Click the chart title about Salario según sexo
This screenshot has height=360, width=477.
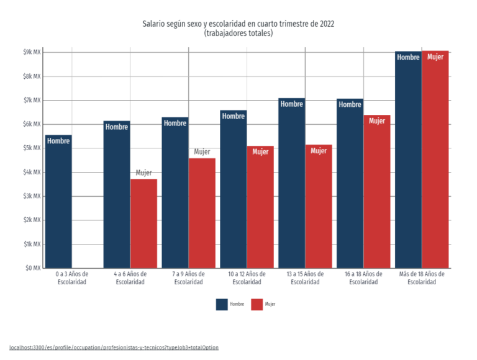point(238,24)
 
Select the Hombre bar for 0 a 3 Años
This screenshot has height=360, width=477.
point(58,202)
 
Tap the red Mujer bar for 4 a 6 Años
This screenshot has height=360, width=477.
point(144,223)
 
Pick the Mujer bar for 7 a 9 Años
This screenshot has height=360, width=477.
point(202,213)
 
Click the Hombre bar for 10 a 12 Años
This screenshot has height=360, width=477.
point(234,189)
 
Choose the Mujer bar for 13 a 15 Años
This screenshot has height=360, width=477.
point(319,207)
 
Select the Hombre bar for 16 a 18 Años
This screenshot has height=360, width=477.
point(350,183)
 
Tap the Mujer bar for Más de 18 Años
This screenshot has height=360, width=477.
point(435,160)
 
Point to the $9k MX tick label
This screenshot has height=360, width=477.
point(32,52)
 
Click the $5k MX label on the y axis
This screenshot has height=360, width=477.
point(32,148)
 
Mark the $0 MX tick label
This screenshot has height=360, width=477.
point(33,268)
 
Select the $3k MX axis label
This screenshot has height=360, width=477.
point(32,196)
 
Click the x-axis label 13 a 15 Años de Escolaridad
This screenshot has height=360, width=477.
point(305,278)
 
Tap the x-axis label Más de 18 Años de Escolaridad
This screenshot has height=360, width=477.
point(422,278)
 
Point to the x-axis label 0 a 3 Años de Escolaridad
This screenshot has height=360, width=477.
point(72,278)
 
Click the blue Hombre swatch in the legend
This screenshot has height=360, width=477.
point(222,304)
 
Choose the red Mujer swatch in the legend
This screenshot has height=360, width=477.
point(257,304)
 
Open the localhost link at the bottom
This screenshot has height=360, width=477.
point(114,347)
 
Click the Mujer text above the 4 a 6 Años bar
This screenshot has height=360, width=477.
point(143,173)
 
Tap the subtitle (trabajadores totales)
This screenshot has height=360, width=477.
point(238,33)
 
